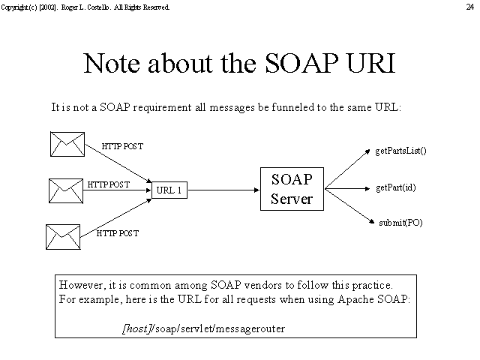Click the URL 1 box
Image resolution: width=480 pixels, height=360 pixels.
(169, 190)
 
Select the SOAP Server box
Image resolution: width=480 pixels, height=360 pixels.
(292, 189)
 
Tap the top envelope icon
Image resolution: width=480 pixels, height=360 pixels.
(67, 144)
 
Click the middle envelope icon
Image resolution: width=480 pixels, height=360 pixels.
(66, 190)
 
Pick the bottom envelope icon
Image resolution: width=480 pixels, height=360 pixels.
(63, 237)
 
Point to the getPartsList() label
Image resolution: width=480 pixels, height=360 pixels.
(400, 151)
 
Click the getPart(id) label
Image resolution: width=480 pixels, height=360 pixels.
(396, 187)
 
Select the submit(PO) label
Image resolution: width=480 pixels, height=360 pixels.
(400, 223)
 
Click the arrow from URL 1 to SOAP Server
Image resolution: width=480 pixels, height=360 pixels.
(223, 190)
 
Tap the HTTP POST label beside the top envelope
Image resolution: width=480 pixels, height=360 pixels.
(122, 146)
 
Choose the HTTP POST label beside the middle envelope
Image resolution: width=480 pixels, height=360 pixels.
(109, 184)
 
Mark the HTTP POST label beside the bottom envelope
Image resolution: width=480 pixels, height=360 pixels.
(118, 233)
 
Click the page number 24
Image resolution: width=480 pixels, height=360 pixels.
(470, 7)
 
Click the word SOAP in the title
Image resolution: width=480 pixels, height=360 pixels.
(301, 63)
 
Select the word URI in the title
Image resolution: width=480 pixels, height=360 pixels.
(371, 63)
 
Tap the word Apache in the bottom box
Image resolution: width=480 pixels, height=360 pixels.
(355, 299)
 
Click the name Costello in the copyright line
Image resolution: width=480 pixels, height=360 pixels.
(98, 7)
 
